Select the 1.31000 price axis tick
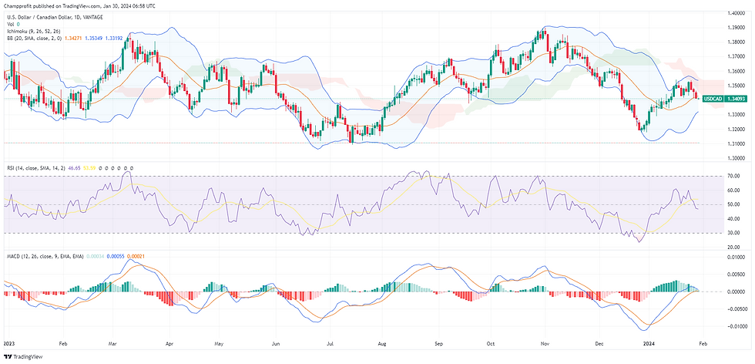pos(735,143)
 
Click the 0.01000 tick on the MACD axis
pos(736,257)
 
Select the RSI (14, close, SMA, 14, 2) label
pos(39,167)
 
